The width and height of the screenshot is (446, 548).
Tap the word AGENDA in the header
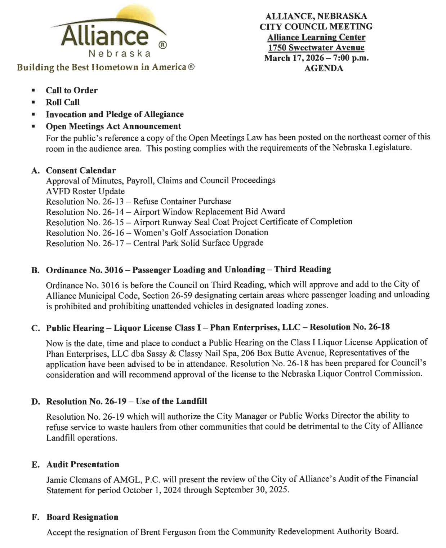[x=324, y=68]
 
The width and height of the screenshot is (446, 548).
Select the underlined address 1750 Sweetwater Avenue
[x=316, y=47]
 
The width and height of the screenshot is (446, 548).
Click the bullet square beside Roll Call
[x=34, y=102]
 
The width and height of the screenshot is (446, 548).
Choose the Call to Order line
[x=71, y=90]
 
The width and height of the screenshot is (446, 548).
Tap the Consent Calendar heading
[x=81, y=170]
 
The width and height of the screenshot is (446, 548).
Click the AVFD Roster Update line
[x=85, y=191]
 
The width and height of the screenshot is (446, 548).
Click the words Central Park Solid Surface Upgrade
[x=198, y=243]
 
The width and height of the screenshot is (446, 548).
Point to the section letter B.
[x=35, y=270]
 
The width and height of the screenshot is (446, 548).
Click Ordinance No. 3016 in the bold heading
[x=84, y=270]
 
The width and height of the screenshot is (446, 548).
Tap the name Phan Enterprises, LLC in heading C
[x=255, y=327]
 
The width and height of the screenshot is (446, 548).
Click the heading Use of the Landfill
[x=171, y=401]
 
